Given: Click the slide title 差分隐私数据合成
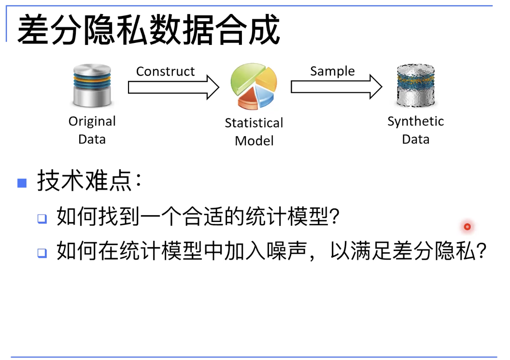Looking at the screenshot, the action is click(x=148, y=29).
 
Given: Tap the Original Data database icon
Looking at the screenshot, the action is click(x=92, y=85).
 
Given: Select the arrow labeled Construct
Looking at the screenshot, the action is click(x=174, y=87).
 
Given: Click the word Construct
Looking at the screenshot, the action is click(x=165, y=71).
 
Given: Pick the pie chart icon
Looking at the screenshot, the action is click(x=254, y=86).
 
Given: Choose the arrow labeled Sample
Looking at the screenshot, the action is click(x=337, y=87).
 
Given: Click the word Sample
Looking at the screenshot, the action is click(x=332, y=71).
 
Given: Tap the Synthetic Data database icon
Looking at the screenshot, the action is click(x=416, y=85).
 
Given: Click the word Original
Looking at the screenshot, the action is click(x=92, y=122).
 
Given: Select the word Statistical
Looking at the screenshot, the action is click(x=254, y=123).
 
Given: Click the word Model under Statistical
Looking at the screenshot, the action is click(x=254, y=141).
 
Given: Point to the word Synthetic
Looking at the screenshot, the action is click(x=415, y=122).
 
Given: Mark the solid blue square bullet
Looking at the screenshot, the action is click(x=22, y=183).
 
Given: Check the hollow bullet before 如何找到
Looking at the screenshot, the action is click(x=42, y=218).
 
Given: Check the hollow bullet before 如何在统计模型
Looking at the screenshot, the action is click(x=42, y=253).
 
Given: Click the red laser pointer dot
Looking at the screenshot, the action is click(x=467, y=226).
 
